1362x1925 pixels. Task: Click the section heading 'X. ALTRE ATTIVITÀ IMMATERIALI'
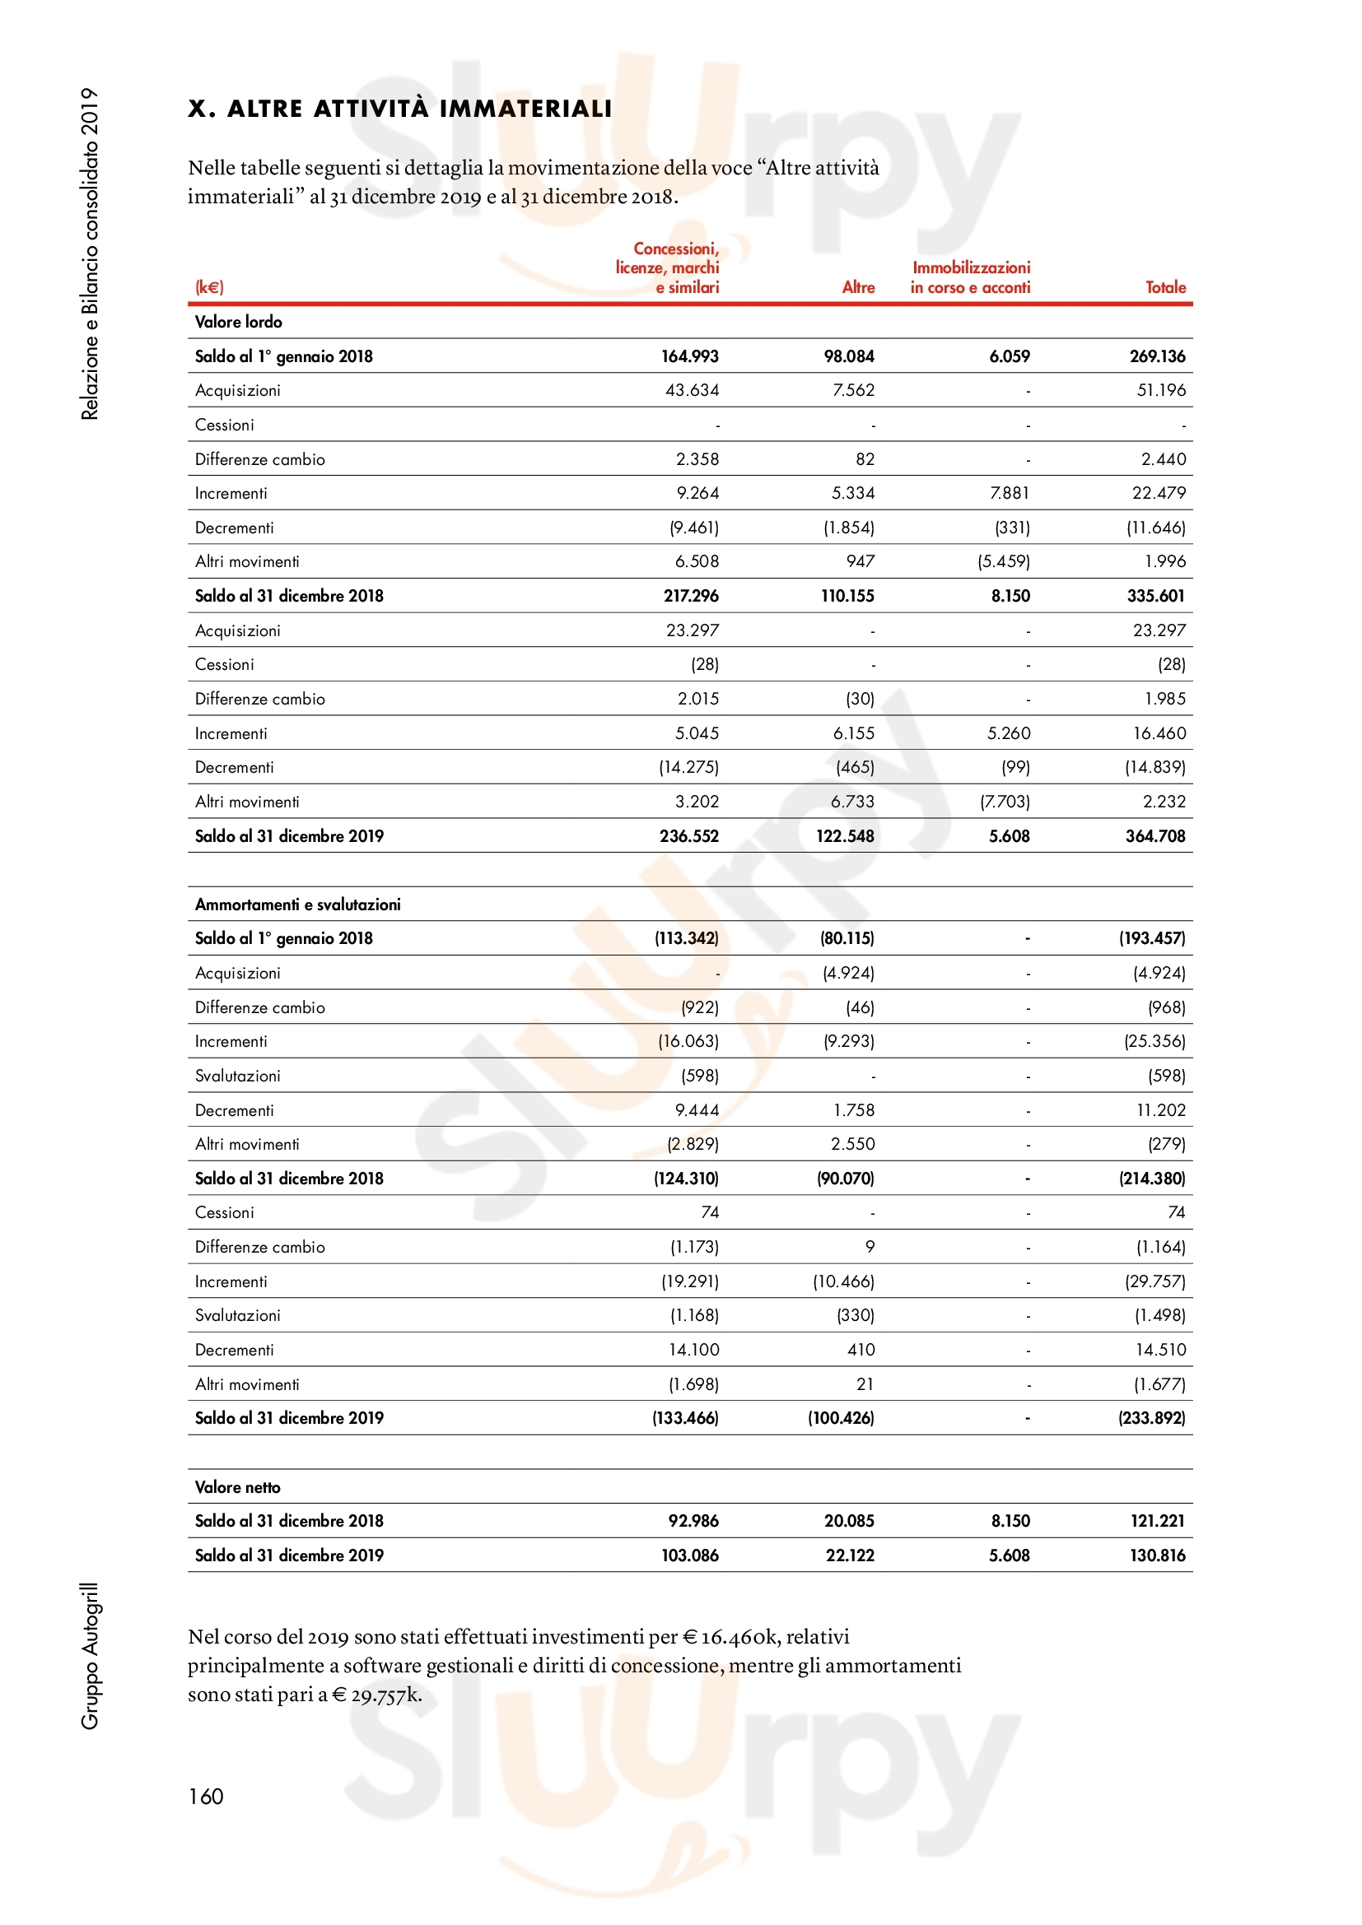(x=399, y=109)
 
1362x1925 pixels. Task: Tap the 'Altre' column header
(x=858, y=287)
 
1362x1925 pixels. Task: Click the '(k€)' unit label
(x=209, y=287)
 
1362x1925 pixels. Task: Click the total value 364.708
(x=1154, y=836)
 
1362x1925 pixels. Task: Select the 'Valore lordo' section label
(x=238, y=322)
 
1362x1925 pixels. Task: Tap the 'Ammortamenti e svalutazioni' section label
(x=298, y=904)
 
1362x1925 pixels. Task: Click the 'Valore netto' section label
(x=237, y=1487)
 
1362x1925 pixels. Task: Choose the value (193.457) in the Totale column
(x=1151, y=938)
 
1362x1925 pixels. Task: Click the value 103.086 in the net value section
(x=689, y=1555)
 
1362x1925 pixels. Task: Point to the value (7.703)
(x=1005, y=802)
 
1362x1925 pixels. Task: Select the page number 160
(x=206, y=1796)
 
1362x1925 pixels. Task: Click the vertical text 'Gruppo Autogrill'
(x=90, y=1656)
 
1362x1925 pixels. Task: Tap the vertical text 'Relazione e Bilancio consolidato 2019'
(x=90, y=253)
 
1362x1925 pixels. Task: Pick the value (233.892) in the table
(x=1151, y=1418)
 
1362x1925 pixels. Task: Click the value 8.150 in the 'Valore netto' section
(x=1010, y=1521)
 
